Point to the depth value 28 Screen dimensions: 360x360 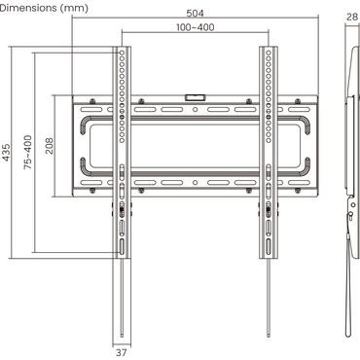pyautogui.click(x=351, y=17)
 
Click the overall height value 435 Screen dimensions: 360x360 pyautogui.click(x=8, y=153)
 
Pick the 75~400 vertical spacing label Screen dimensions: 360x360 pyautogui.click(x=28, y=153)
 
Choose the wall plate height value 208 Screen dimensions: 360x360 pyautogui.click(x=50, y=146)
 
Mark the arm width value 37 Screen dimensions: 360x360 pyautogui.click(x=121, y=352)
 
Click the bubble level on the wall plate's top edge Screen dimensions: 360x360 pyautogui.click(x=195, y=95)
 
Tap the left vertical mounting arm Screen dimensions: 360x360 pyautogui.click(x=121, y=146)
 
